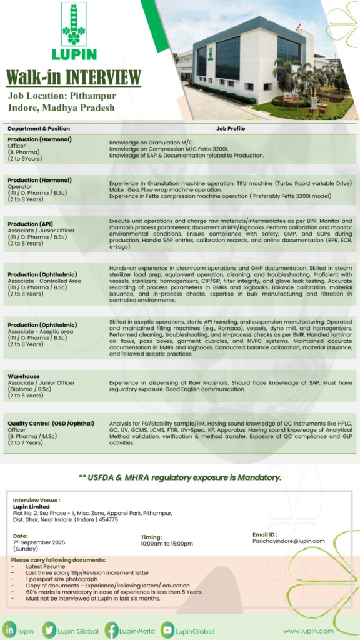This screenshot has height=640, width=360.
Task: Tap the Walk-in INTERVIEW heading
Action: pyautogui.click(x=73, y=77)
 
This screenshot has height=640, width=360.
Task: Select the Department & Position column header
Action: pyautogui.click(x=39, y=128)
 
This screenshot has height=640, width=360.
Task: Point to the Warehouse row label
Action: pyautogui.click(x=24, y=377)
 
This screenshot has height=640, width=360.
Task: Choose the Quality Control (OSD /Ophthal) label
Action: pyautogui.click(x=50, y=424)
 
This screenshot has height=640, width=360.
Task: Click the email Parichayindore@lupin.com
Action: pyautogui.click(x=288, y=541)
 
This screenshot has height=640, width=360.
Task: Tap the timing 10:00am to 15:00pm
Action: pyautogui.click(x=167, y=544)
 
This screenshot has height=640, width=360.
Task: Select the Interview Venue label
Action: pyautogui.click(x=37, y=500)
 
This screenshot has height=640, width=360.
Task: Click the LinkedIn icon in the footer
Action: pyautogui.click(x=10, y=614)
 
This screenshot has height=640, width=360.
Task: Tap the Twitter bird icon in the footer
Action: pyautogui.click(x=49, y=614)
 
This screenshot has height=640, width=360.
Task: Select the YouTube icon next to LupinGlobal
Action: pyautogui.click(x=167, y=614)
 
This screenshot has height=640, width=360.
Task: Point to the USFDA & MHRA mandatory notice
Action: pyautogui.click(x=180, y=477)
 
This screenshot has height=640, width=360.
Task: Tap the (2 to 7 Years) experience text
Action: pyautogui.click(x=26, y=442)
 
